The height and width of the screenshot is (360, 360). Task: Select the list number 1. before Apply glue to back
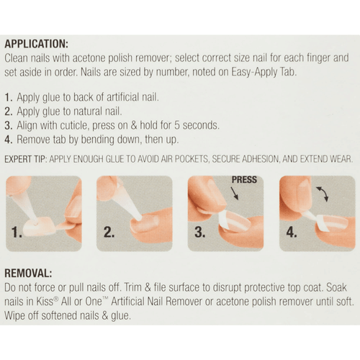coord(9,96)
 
